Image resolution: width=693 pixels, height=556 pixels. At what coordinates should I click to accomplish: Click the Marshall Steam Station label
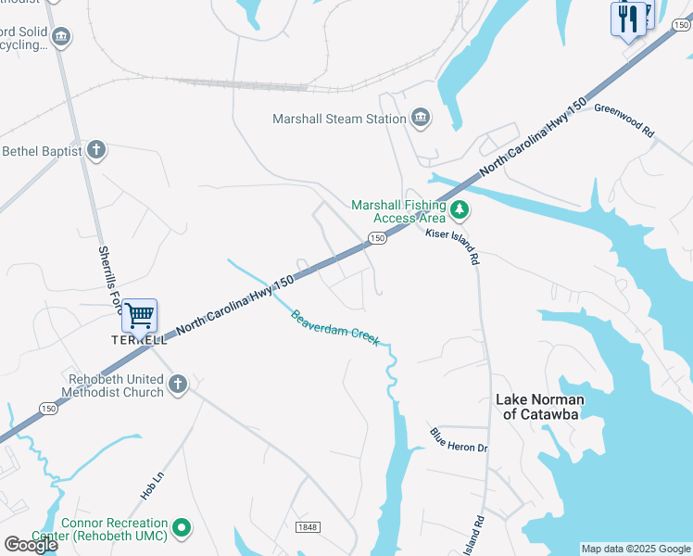[x=339, y=119]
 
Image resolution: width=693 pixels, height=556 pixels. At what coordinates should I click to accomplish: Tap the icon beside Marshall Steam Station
[x=421, y=118]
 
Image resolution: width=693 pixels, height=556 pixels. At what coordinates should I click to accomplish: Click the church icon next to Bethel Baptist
[x=95, y=150]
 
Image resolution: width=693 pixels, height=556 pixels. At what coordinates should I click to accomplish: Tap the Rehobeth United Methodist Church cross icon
[x=178, y=384]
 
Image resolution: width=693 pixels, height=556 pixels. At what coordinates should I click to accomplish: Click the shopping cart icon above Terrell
[x=139, y=316]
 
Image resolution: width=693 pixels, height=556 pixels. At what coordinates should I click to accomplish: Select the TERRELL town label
[x=139, y=340]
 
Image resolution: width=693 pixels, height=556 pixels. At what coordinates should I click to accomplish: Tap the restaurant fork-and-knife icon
[x=628, y=19]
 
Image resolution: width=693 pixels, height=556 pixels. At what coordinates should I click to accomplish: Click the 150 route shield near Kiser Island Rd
[x=376, y=239]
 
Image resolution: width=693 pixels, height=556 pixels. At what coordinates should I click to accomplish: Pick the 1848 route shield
[x=308, y=527]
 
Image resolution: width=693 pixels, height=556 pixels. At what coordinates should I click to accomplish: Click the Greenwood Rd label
[x=624, y=120]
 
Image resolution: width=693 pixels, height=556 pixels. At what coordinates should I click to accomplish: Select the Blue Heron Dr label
[x=458, y=440]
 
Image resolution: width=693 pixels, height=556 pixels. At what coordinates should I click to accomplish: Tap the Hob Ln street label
[x=152, y=486]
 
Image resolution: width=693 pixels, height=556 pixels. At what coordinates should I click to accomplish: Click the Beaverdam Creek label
[x=335, y=327]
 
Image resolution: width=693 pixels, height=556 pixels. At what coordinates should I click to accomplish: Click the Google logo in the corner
[x=31, y=545]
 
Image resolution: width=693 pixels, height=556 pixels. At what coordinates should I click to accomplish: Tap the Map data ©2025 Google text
[x=636, y=549]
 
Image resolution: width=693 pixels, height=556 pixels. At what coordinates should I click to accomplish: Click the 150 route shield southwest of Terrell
[x=48, y=409]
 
